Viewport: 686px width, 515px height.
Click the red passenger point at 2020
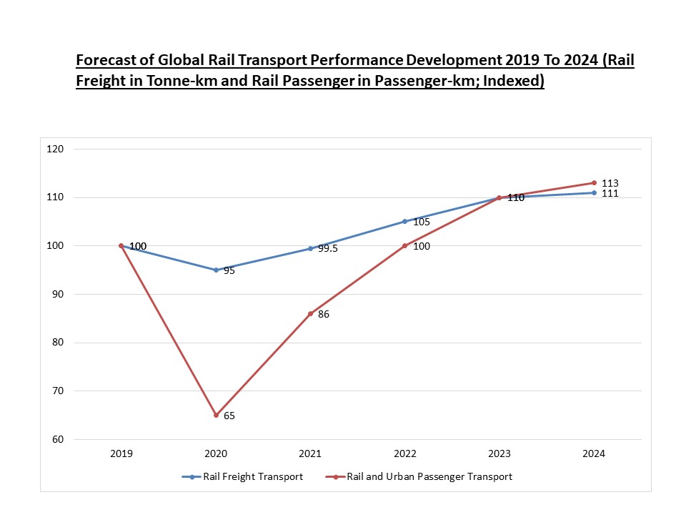tap(216, 415)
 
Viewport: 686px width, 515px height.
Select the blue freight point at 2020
tap(216, 270)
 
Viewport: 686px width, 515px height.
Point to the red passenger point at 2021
tap(310, 313)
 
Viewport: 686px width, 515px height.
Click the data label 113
tap(610, 183)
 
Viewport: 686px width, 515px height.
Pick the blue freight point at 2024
tap(594, 192)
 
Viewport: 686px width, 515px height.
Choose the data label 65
tap(229, 416)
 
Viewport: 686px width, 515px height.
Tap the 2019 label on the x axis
tap(121, 453)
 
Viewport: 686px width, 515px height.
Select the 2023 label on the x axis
tap(499, 453)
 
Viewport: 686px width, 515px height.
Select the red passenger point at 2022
tap(404, 245)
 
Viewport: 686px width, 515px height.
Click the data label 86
tap(324, 314)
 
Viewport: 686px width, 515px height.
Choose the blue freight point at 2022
tap(404, 221)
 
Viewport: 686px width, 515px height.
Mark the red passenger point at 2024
tap(594, 182)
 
